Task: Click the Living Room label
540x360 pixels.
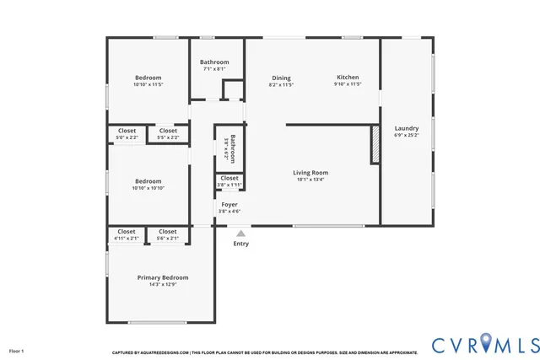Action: (310, 172)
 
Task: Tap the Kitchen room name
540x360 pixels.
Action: (348, 77)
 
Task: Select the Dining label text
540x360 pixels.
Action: (281, 77)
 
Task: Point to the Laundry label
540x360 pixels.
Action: (406, 128)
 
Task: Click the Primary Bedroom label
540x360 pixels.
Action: (163, 277)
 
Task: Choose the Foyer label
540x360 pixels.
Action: (229, 204)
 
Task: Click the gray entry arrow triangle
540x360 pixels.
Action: (241, 234)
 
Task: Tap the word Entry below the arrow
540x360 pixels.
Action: (241, 244)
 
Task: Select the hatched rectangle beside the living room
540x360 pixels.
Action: (375, 144)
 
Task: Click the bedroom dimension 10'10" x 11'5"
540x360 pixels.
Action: (148, 84)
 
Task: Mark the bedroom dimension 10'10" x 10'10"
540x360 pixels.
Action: (148, 188)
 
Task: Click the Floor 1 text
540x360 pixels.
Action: (17, 351)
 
